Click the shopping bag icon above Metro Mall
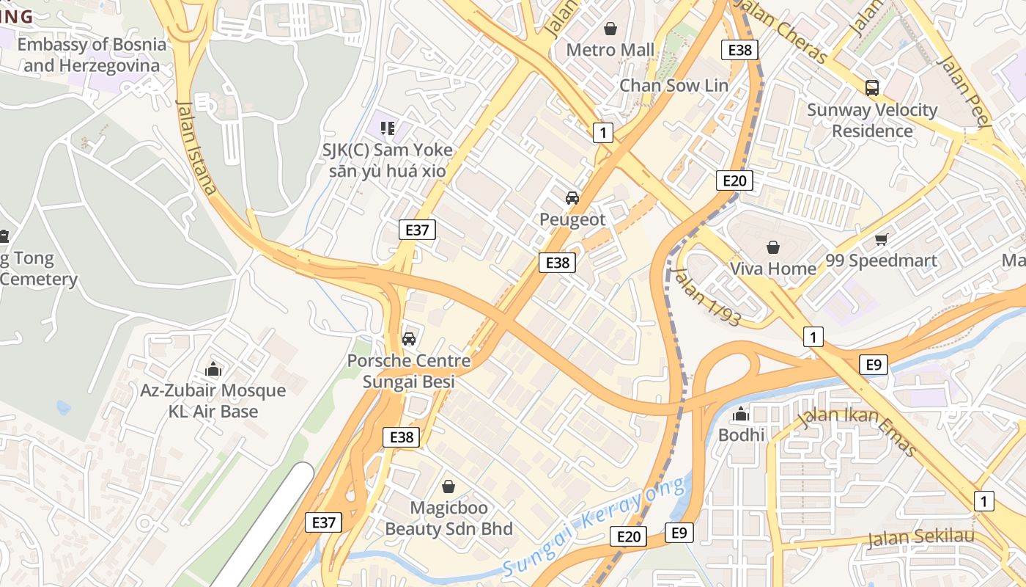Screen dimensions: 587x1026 point(610,29)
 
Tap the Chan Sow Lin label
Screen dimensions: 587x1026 point(673,85)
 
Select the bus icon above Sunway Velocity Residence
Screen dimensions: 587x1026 point(871,88)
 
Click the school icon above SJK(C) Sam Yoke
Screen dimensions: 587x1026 point(388,128)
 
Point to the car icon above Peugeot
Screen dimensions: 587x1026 point(572,197)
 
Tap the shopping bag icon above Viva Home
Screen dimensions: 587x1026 point(772,247)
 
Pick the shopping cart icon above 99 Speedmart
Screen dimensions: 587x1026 point(881,239)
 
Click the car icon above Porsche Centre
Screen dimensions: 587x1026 point(409,338)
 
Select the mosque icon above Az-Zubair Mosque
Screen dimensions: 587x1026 point(213,368)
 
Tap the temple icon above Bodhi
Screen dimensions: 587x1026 point(741,414)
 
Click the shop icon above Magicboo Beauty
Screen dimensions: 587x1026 point(449,486)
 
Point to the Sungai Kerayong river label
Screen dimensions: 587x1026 point(597,526)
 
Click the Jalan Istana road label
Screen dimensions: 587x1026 point(196,147)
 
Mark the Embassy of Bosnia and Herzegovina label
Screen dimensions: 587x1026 point(92,54)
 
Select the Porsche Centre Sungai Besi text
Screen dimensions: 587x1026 point(409,371)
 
